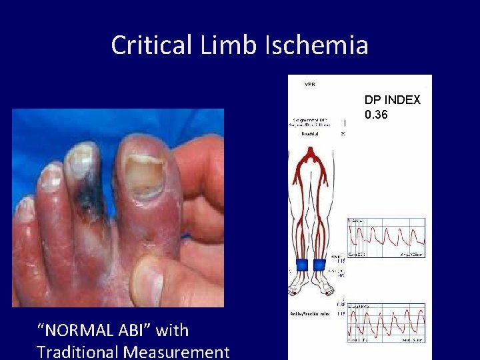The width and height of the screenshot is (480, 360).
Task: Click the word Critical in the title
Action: click(x=151, y=45)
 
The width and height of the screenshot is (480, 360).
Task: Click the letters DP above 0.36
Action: click(x=371, y=100)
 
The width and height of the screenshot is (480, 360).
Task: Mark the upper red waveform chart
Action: click(x=386, y=238)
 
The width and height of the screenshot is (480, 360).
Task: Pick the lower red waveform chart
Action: click(x=386, y=323)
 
